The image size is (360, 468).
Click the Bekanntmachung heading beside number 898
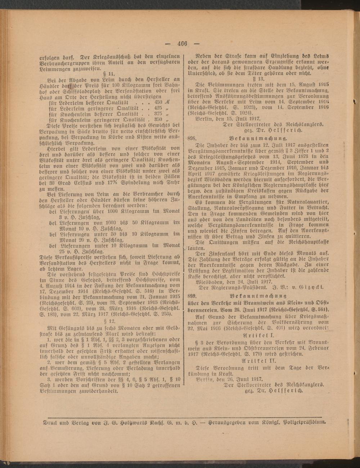[x=257, y=138]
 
